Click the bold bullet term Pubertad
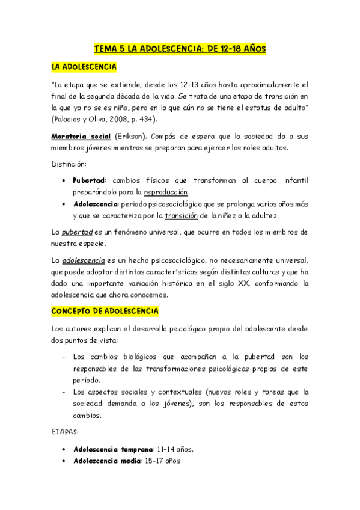coord(89,180)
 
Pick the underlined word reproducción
coord(166,192)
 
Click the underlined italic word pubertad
coord(78,232)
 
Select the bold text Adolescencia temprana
coord(113,449)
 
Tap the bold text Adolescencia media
coord(107,461)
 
